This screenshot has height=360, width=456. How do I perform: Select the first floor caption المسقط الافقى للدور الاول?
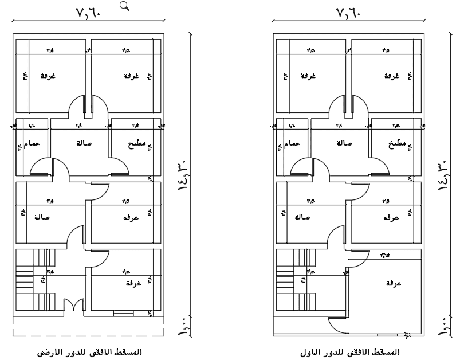pos(350,351)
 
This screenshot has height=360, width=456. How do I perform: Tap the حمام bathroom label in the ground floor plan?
pos(31,144)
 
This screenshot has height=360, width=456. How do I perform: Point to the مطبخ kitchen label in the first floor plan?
pos(395,144)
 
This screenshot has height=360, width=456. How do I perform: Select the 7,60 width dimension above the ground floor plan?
pos(88,12)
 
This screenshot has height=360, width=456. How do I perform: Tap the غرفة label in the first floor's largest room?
pos(393,284)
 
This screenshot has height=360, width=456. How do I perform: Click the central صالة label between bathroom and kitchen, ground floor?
pos(81,143)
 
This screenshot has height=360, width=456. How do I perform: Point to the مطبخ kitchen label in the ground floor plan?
pos(135,144)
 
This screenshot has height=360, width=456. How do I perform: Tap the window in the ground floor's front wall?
pos(122,313)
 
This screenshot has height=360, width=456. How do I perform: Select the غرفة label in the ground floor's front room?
pos(133,284)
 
